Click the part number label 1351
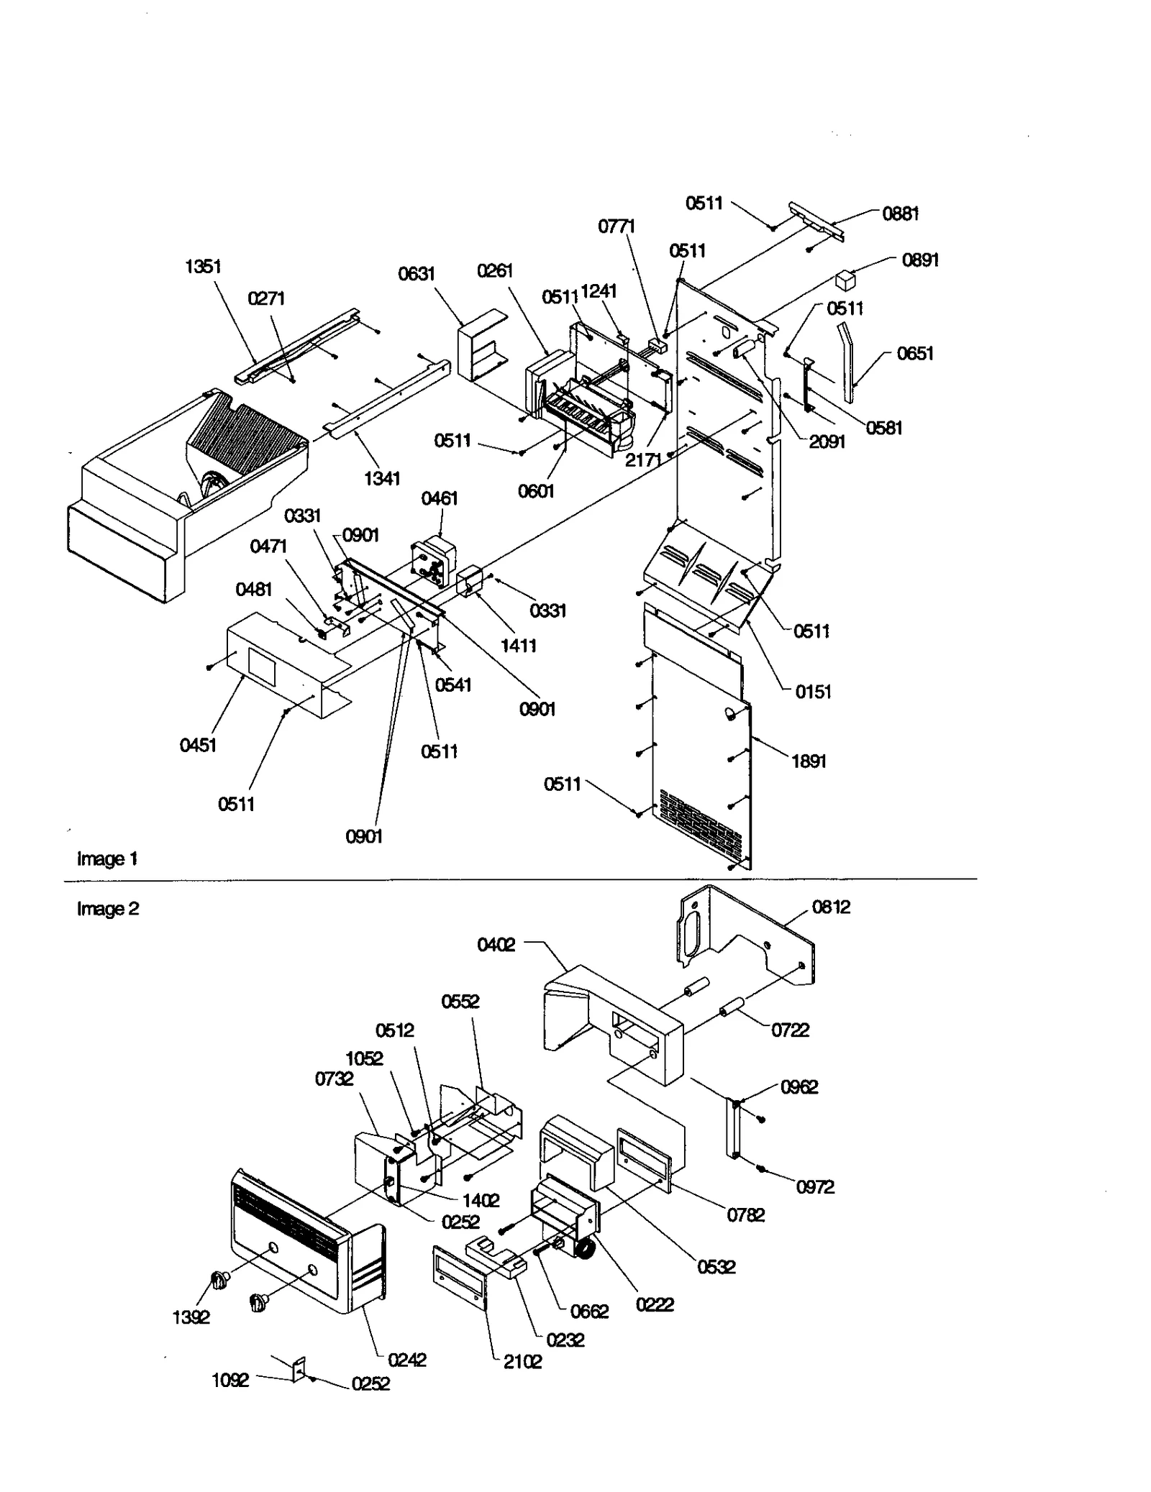pyautogui.click(x=203, y=267)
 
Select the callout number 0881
pyautogui.click(x=900, y=214)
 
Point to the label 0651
pyautogui.click(x=914, y=354)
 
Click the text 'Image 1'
pyautogui.click(x=107, y=859)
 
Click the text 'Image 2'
pyautogui.click(x=108, y=909)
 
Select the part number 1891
pyautogui.click(x=809, y=761)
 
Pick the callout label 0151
pyautogui.click(x=813, y=692)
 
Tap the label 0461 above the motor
pyautogui.click(x=439, y=498)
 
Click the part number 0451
pyautogui.click(x=198, y=745)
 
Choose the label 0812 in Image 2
pyautogui.click(x=831, y=907)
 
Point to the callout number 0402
pyautogui.click(x=496, y=945)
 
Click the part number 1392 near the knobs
pyautogui.click(x=191, y=1317)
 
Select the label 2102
pyautogui.click(x=522, y=1362)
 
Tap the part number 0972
pyautogui.click(x=815, y=1187)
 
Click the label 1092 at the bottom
pyautogui.click(x=230, y=1381)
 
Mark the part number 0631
pyautogui.click(x=417, y=274)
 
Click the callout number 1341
pyautogui.click(x=382, y=479)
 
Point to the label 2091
pyautogui.click(x=827, y=441)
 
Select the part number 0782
pyautogui.click(x=745, y=1215)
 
